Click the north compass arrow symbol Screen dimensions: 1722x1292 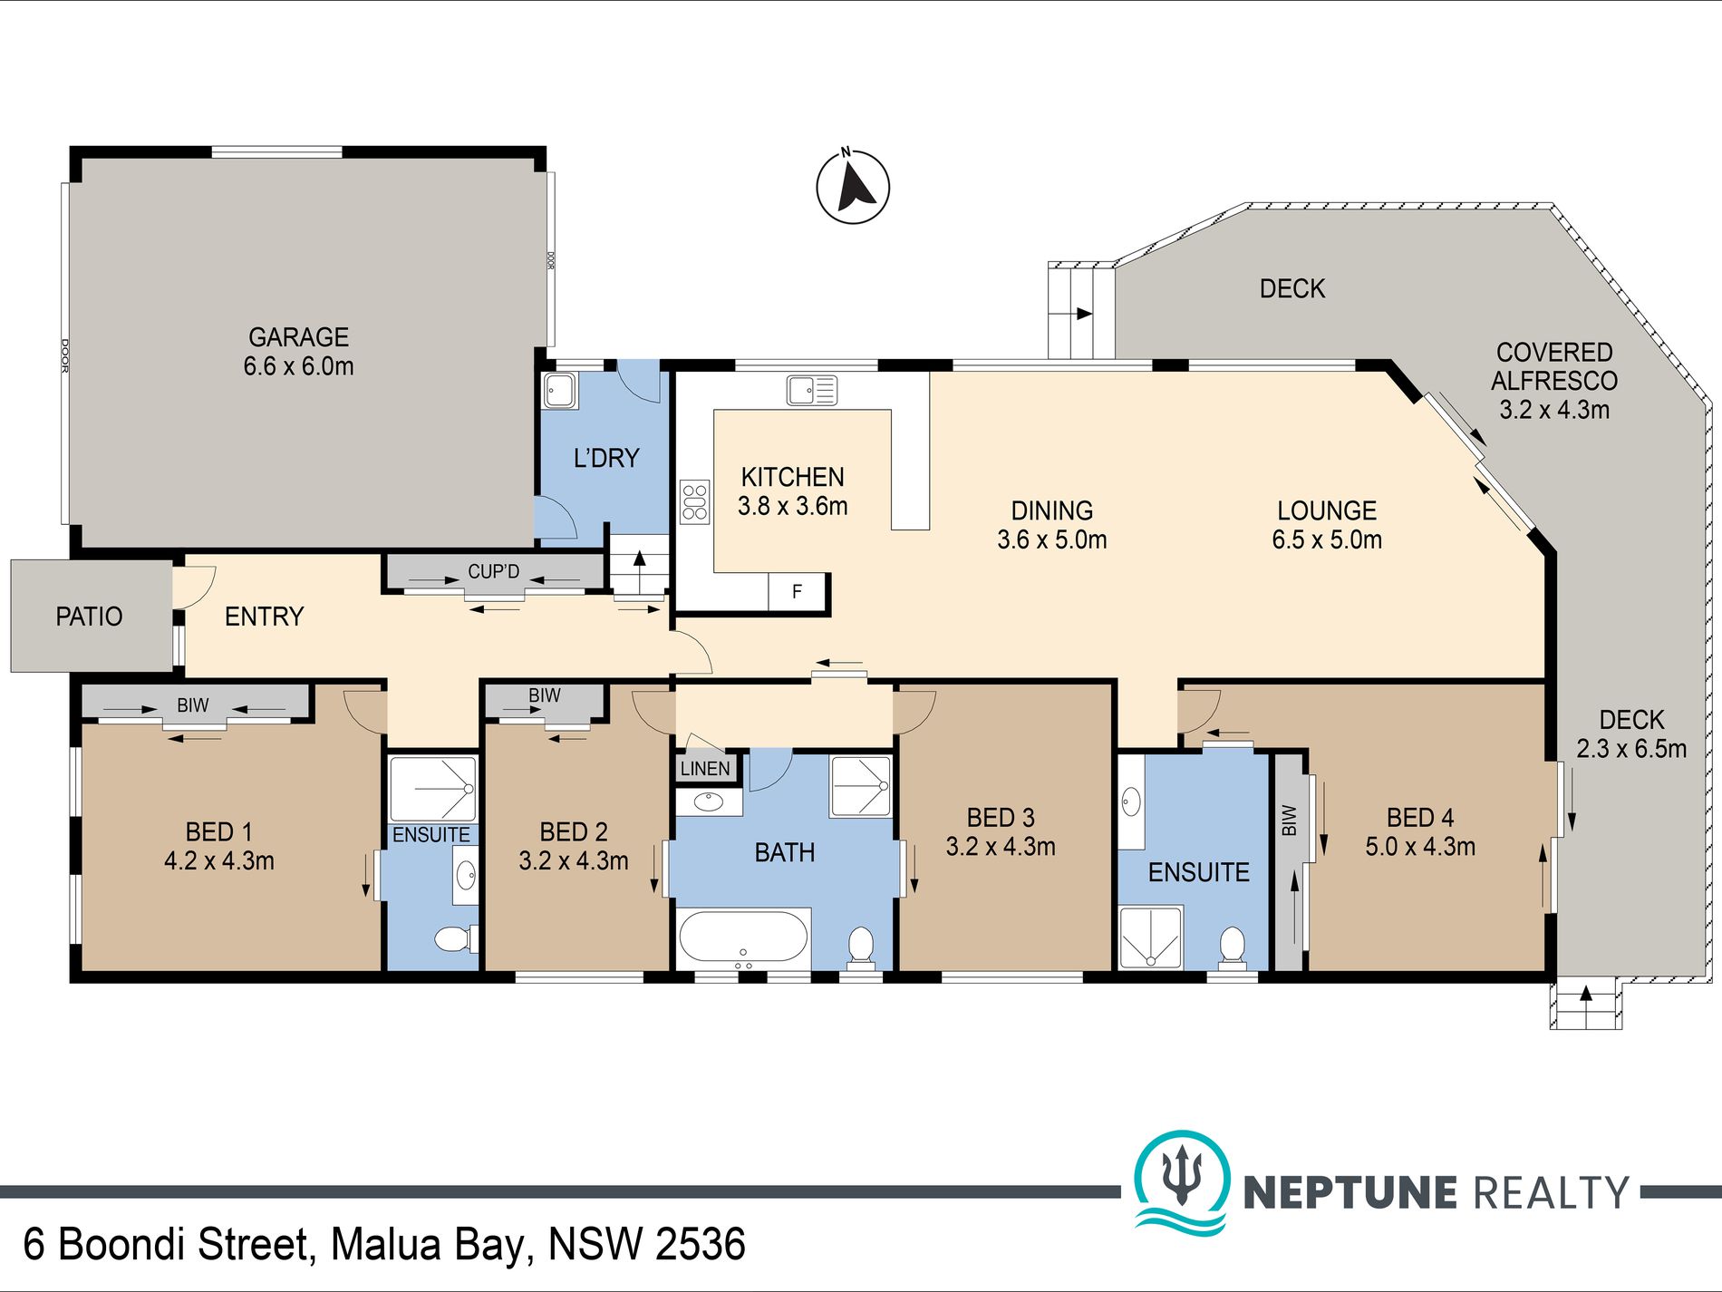pos(853,187)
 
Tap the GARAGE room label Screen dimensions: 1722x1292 pos(298,337)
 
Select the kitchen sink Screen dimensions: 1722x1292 pos(812,390)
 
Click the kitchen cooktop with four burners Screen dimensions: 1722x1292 pos(695,501)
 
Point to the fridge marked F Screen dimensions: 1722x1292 pos(797,592)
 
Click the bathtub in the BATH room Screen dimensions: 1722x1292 pos(743,937)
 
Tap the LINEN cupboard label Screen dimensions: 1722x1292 pos(705,769)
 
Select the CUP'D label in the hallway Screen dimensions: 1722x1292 pos(494,571)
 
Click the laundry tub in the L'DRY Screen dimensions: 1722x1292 pos(560,391)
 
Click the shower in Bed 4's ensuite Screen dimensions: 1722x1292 pos(1151,937)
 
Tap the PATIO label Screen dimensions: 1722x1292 pos(89,617)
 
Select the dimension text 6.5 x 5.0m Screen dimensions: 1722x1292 pos(1327,539)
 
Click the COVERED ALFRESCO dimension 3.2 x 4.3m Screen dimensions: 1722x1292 pos(1554,410)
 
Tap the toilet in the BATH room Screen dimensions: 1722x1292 pos(860,946)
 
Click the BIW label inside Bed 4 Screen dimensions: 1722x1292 pos(1290,821)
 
